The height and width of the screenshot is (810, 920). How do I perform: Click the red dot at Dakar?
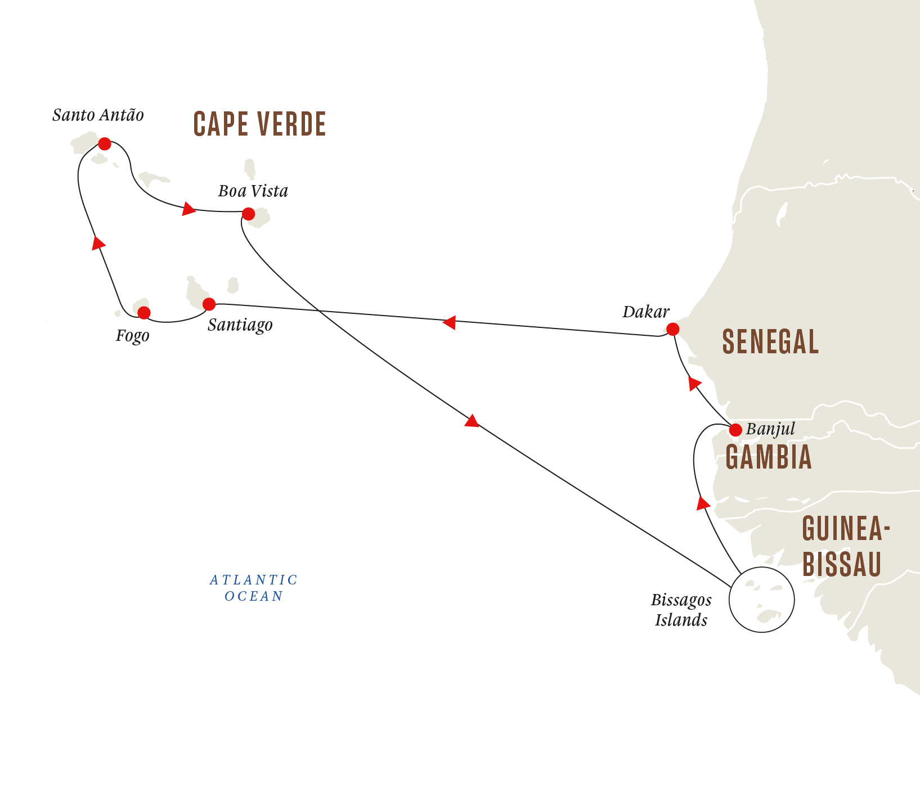(x=672, y=329)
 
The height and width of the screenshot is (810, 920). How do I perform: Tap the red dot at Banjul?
(x=735, y=430)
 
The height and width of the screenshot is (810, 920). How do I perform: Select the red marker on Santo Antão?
(x=105, y=144)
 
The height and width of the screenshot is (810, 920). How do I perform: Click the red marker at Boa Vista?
(x=248, y=214)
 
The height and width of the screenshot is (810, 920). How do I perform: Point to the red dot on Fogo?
(x=144, y=313)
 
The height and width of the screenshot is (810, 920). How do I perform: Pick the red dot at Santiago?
(x=209, y=304)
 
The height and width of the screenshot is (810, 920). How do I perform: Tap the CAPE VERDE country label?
(x=259, y=124)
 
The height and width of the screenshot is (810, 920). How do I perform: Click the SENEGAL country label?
(x=770, y=342)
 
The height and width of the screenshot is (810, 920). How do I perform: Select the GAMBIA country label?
(x=769, y=457)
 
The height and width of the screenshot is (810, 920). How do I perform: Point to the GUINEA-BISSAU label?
(x=846, y=546)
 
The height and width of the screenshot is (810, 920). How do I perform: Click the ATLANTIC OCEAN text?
(x=254, y=588)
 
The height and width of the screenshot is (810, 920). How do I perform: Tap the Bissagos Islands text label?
(x=681, y=610)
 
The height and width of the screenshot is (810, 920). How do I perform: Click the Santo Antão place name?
(x=98, y=115)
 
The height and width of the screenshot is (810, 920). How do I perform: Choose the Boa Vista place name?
(x=253, y=191)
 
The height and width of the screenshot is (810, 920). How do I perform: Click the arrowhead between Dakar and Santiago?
(x=449, y=322)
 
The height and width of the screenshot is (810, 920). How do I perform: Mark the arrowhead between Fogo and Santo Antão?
(x=98, y=242)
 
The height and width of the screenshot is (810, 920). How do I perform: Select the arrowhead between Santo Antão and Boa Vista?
(x=189, y=209)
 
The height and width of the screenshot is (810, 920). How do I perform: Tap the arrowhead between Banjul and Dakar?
(x=695, y=384)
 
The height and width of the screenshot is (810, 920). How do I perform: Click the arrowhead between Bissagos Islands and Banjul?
(x=703, y=503)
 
